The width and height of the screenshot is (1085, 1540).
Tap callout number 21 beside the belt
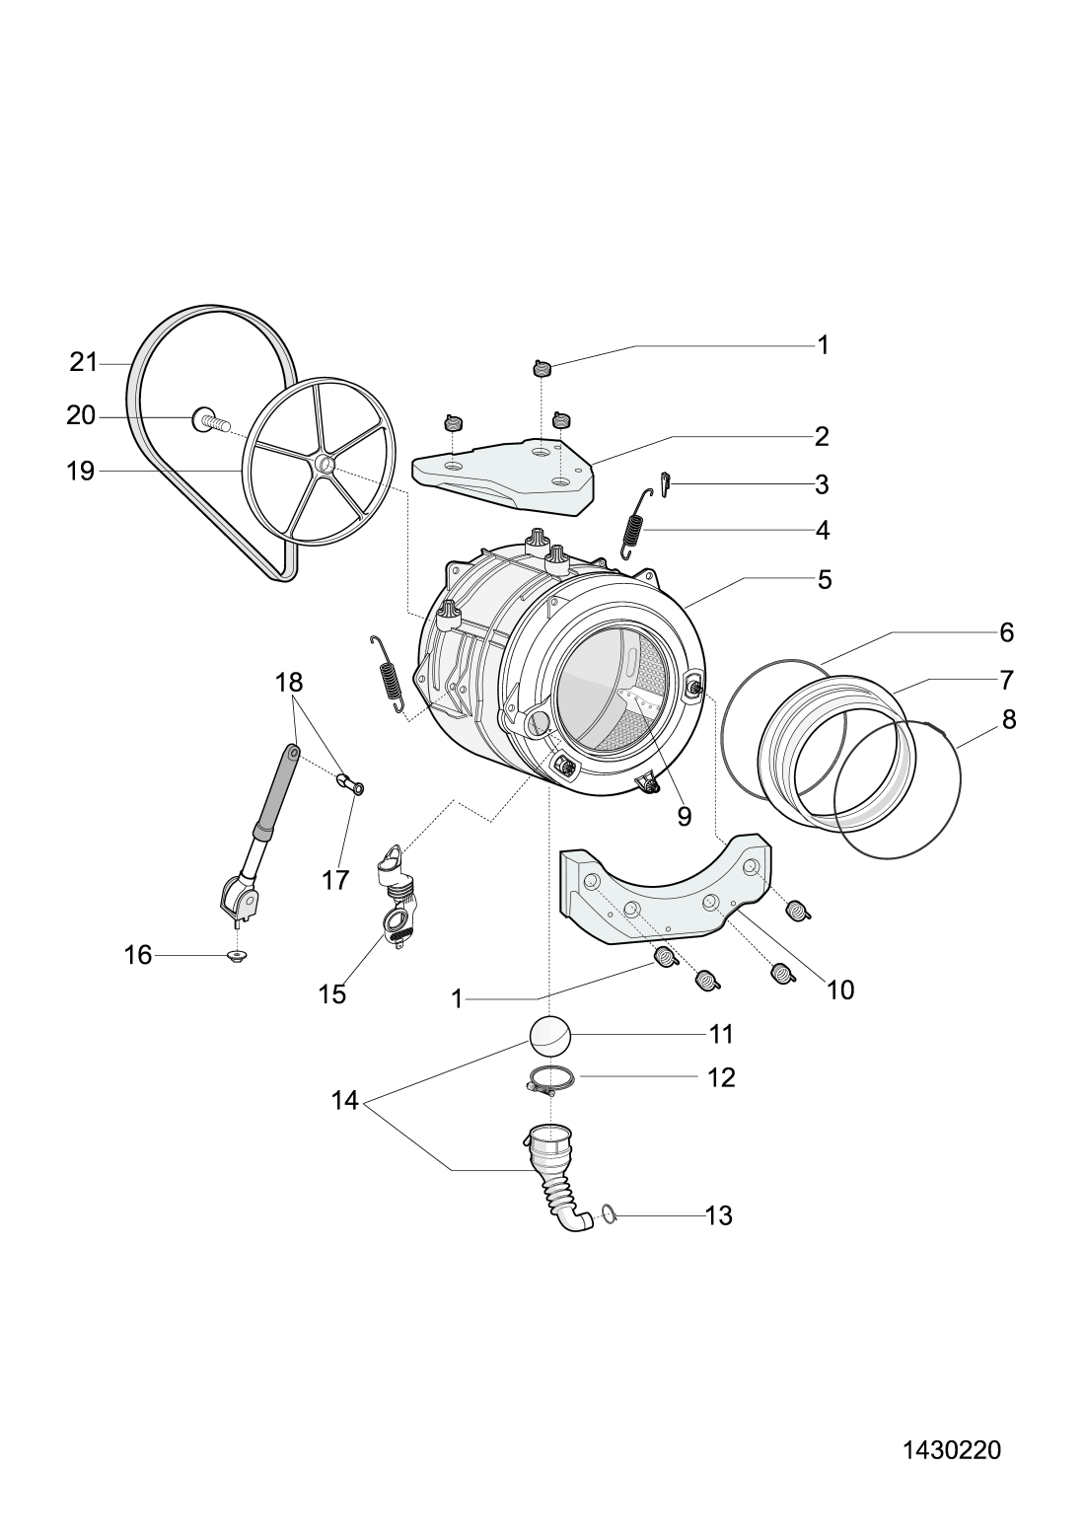tap(84, 362)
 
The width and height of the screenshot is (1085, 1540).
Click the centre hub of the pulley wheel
tap(324, 465)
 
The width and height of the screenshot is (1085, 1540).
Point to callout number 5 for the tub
tap(825, 579)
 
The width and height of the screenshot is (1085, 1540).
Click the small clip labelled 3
tap(665, 484)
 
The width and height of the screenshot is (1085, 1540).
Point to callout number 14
tap(345, 1101)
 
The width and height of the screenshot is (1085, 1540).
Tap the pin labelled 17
tap(351, 783)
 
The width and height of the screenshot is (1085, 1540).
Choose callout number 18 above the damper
tap(289, 683)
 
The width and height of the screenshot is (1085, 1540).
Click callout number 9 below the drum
tap(684, 816)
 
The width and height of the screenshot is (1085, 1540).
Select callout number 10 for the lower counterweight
tap(839, 990)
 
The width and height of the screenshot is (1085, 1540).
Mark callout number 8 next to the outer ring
tap(1009, 720)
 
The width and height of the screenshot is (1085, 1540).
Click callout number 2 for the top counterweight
tap(822, 437)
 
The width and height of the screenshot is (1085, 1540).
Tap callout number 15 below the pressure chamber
tap(332, 994)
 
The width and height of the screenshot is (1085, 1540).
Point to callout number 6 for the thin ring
tap(1006, 631)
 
